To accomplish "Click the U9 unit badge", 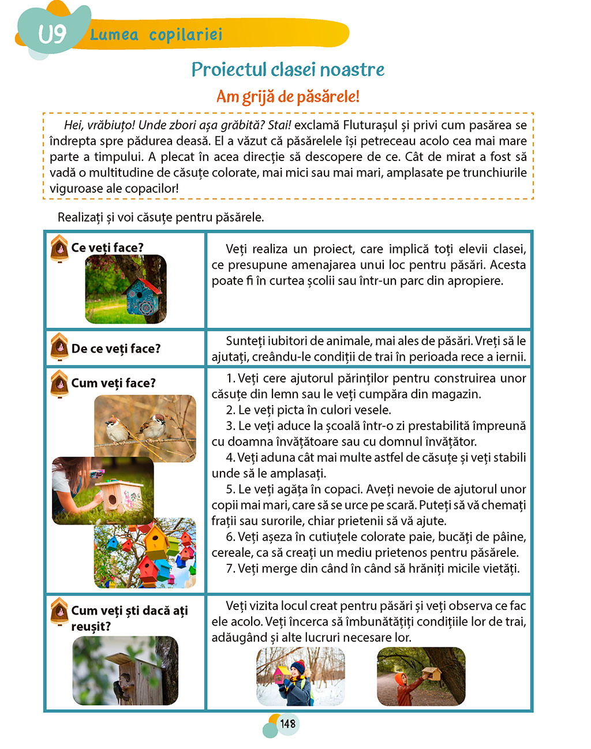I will click(52, 34).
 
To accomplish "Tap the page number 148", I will click(287, 724).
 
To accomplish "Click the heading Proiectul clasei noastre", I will click(287, 70).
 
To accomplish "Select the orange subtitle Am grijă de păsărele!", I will click(287, 96).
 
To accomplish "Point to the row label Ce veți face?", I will click(107, 248).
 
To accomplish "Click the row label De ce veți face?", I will click(115, 349).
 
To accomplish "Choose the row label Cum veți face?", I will click(113, 383).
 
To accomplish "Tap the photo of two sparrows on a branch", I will click(145, 428).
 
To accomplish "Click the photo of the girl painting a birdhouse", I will click(103, 490).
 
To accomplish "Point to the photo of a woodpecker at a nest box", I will click(125, 671).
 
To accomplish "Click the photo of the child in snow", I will click(300, 676).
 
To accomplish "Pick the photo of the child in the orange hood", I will click(421, 676).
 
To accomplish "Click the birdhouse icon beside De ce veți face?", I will click(59, 346).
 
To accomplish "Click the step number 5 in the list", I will click(230, 489).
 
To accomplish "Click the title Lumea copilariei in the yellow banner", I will click(156, 35).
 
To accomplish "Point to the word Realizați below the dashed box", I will click(80, 218).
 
